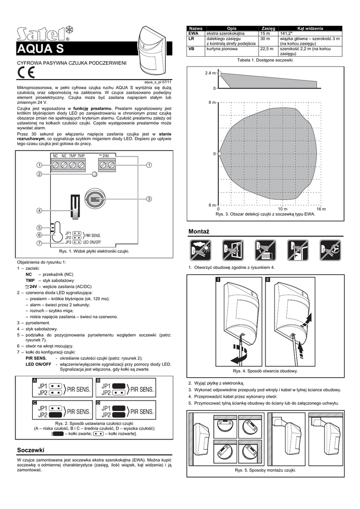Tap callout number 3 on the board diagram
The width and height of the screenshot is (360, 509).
pyautogui.click(x=149, y=199)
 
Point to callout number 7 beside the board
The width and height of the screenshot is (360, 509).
pyautogui.click(x=39, y=243)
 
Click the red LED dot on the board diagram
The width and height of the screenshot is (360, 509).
pyautogui.click(x=94, y=174)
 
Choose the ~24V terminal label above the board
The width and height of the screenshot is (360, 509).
pyautogui.click(x=104, y=156)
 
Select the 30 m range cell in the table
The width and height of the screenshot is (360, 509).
pyautogui.click(x=265, y=38)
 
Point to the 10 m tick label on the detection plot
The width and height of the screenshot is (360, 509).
pyautogui.click(x=282, y=209)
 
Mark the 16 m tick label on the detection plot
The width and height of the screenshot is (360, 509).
pyautogui.click(x=321, y=209)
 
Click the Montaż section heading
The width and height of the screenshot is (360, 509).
pyautogui.click(x=200, y=232)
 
